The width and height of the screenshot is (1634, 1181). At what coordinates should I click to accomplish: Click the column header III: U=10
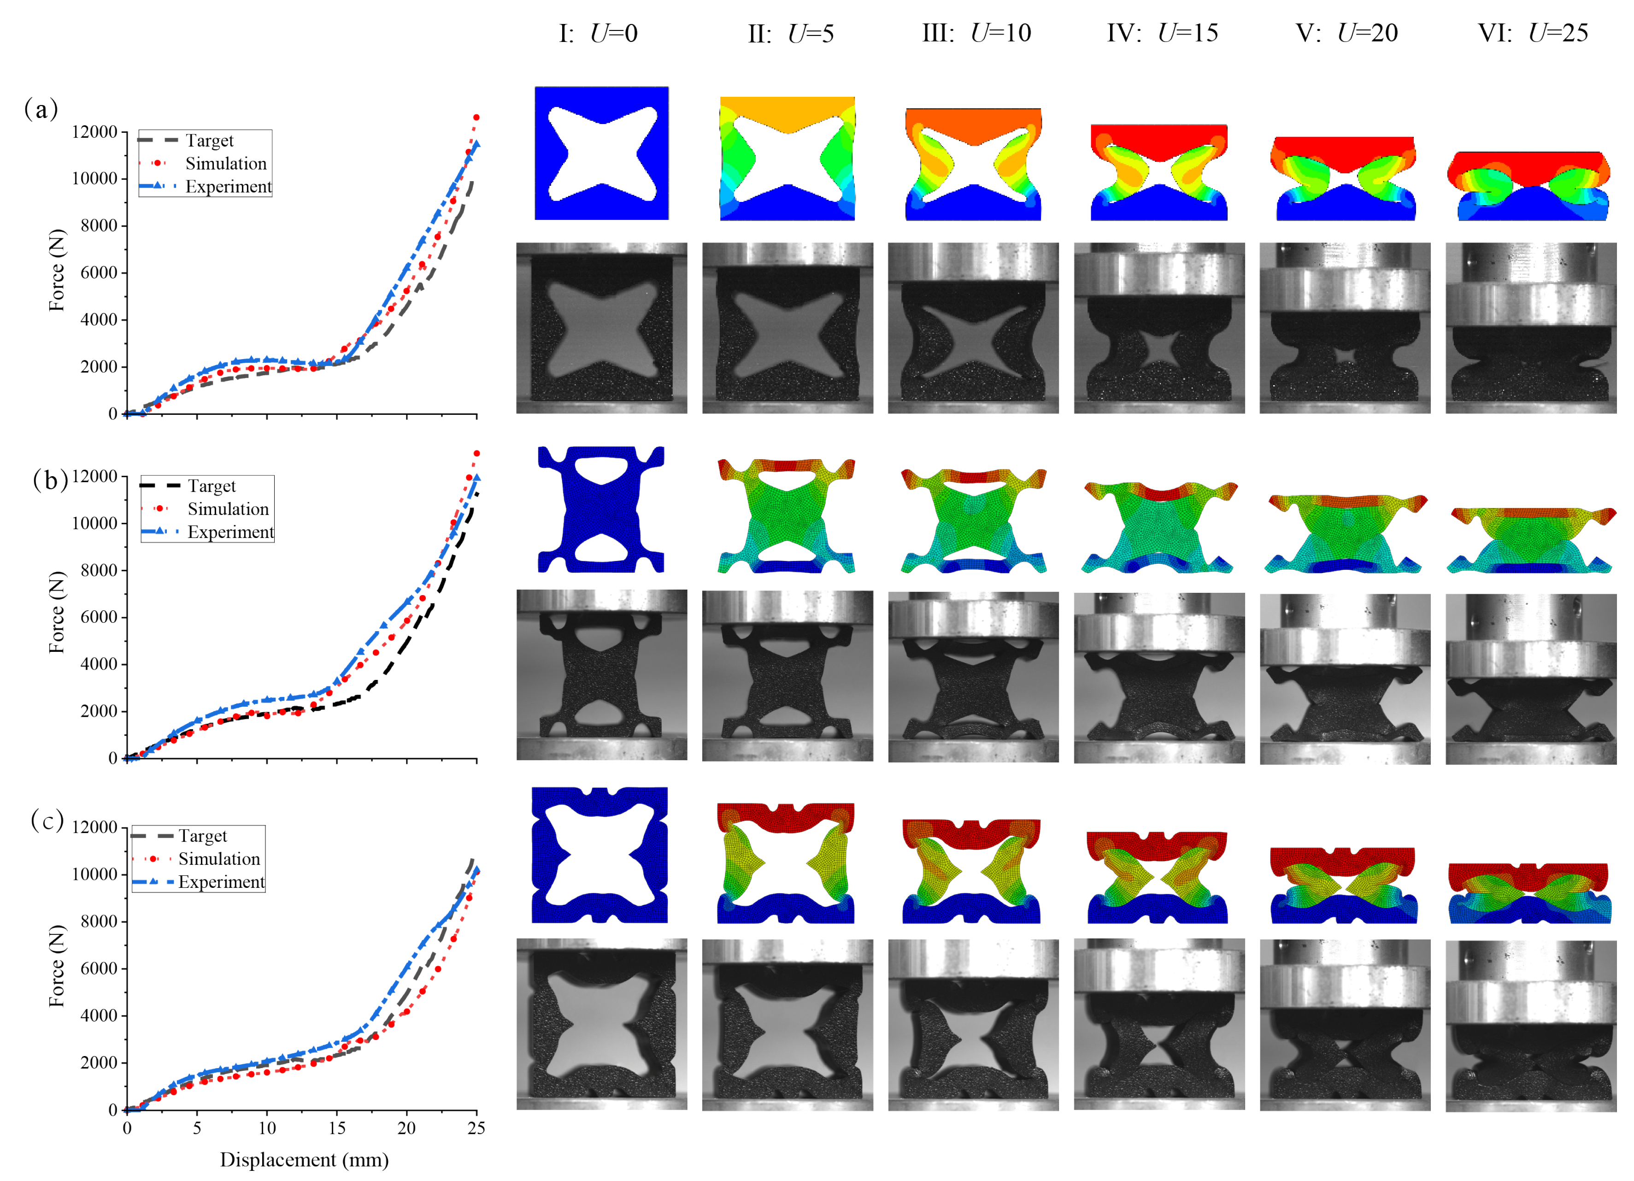[976, 33]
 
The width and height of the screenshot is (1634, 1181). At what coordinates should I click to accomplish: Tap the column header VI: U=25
[1533, 33]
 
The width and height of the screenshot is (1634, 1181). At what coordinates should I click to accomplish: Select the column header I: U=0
[598, 33]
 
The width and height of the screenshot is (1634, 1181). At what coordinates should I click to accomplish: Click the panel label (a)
[41, 110]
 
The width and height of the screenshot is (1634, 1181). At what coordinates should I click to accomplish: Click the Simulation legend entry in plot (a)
[225, 164]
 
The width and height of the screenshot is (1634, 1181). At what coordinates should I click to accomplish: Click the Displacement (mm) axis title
[304, 1159]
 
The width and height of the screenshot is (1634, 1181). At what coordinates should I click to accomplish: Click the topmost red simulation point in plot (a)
[476, 117]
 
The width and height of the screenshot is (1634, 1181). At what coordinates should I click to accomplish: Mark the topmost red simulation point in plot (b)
[476, 453]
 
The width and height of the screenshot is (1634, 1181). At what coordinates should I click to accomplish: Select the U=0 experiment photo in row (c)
[602, 1024]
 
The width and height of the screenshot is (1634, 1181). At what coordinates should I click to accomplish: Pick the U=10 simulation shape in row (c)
[971, 872]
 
